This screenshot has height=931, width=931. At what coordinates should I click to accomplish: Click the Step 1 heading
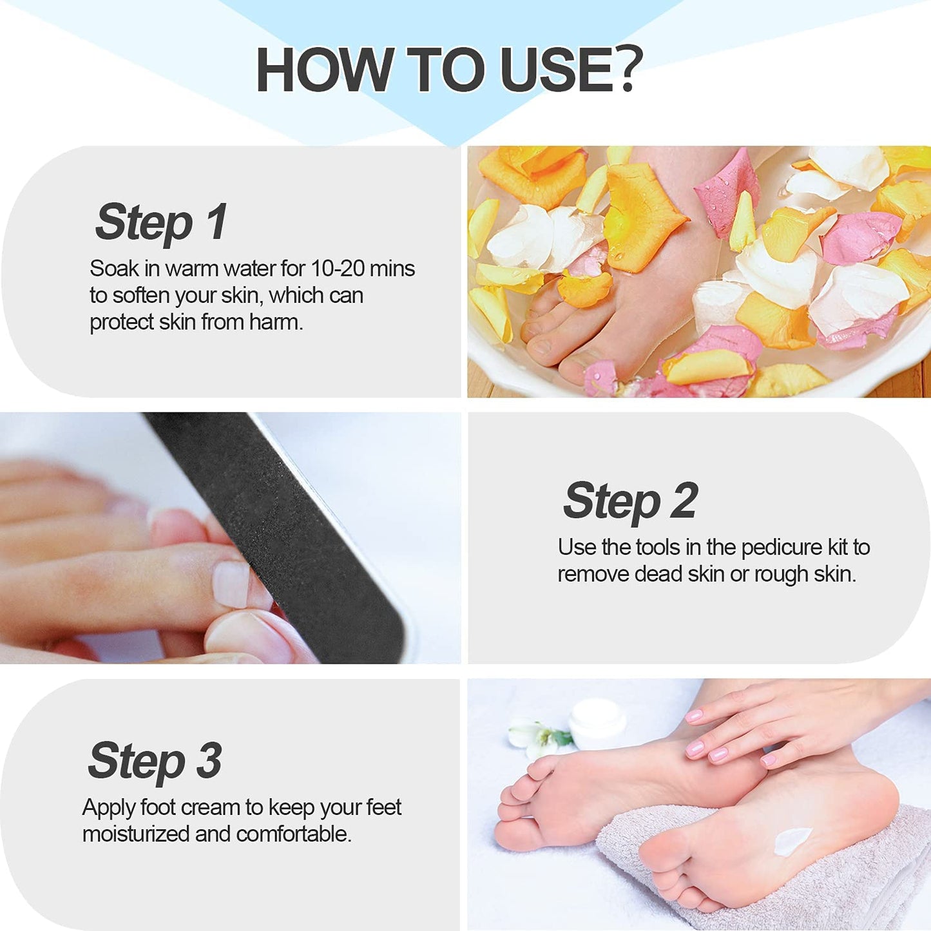[161, 222]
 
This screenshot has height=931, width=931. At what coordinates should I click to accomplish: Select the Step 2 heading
[630, 501]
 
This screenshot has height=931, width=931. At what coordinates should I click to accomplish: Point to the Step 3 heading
[155, 761]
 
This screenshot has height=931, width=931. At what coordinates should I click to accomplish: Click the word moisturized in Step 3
[136, 834]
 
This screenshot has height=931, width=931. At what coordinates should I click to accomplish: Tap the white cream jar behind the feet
[597, 721]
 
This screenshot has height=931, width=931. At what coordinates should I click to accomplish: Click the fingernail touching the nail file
[230, 584]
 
